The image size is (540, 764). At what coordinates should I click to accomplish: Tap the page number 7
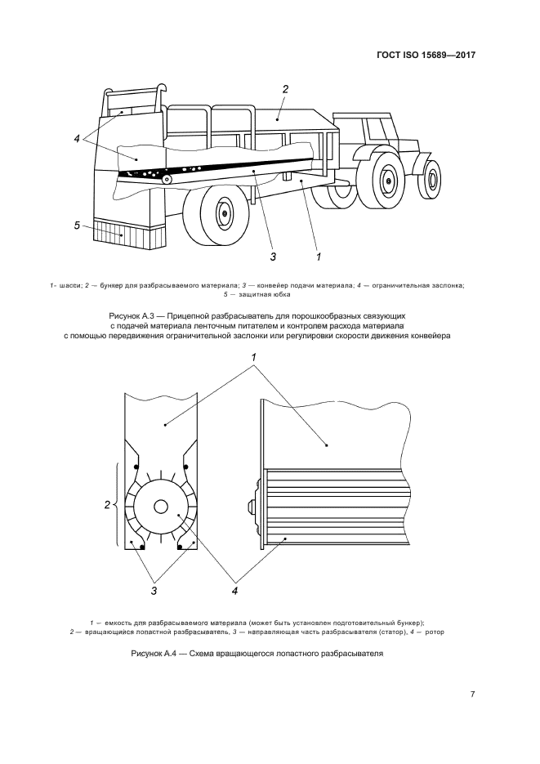(x=472, y=695)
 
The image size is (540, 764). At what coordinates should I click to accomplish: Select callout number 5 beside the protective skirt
(x=77, y=225)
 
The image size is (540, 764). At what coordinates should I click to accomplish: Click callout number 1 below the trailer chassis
(x=318, y=257)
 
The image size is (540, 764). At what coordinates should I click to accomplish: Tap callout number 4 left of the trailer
(x=77, y=139)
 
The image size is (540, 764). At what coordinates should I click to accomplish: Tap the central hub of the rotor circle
(x=159, y=507)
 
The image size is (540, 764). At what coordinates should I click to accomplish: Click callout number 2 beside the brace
(x=107, y=505)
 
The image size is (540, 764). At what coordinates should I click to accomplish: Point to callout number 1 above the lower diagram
(x=254, y=358)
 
